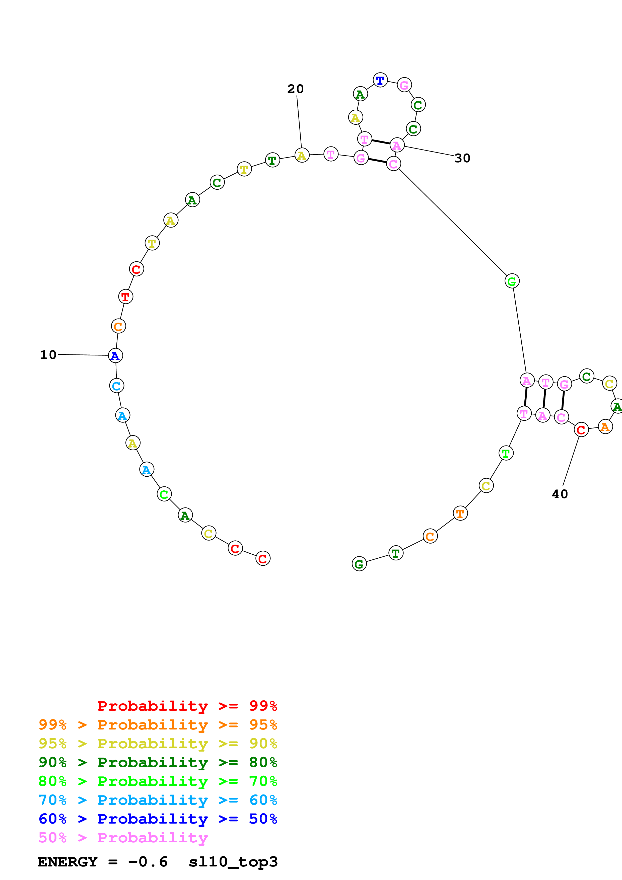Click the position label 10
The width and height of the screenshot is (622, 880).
[48, 355]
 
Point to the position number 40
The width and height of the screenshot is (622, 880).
[560, 494]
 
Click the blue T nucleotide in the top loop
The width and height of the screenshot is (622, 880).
[380, 80]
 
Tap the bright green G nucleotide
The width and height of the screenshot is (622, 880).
[512, 281]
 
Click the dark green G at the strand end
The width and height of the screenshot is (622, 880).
[359, 564]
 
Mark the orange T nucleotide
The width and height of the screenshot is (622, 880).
[460, 513]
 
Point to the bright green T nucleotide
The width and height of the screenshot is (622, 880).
[506, 453]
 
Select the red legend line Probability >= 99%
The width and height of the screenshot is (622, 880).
[187, 706]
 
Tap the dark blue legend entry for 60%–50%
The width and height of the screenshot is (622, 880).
[158, 819]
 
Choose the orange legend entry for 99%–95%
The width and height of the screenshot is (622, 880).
[158, 725]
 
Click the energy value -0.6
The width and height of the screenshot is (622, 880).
[148, 862]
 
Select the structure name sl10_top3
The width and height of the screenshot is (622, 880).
[233, 862]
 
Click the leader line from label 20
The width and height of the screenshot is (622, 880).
[299, 122]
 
